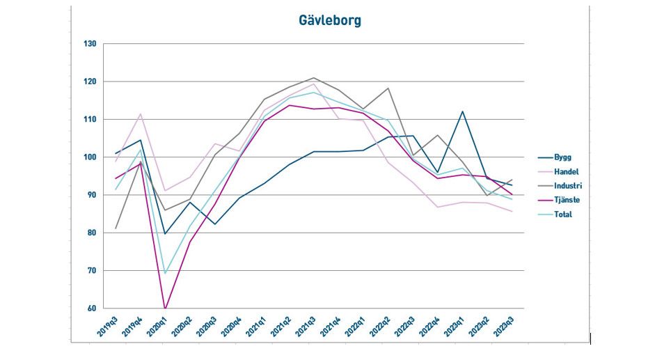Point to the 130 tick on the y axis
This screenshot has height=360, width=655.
(89, 44)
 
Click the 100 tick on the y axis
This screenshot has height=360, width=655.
(89, 157)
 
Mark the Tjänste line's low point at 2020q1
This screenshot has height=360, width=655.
(165, 308)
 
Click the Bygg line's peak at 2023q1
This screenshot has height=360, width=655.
(461, 111)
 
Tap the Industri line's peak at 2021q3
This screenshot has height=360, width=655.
(313, 78)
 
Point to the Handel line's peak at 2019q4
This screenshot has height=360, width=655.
(141, 114)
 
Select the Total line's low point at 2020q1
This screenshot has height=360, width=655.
(165, 273)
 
